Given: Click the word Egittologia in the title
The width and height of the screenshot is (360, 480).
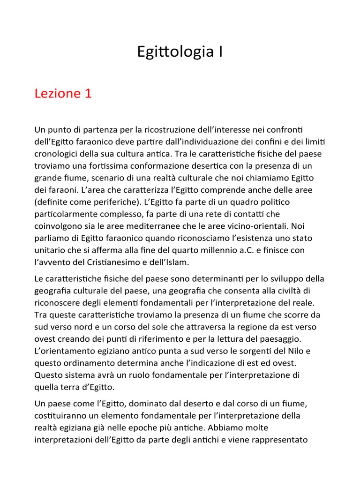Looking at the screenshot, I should pos(173,52).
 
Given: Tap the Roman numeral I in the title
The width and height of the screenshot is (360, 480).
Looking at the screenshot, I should pos(219,52).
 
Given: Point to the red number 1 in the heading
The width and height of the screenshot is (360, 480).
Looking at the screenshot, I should pos(87,93).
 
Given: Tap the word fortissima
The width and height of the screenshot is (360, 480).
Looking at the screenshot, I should pos(112,165).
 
